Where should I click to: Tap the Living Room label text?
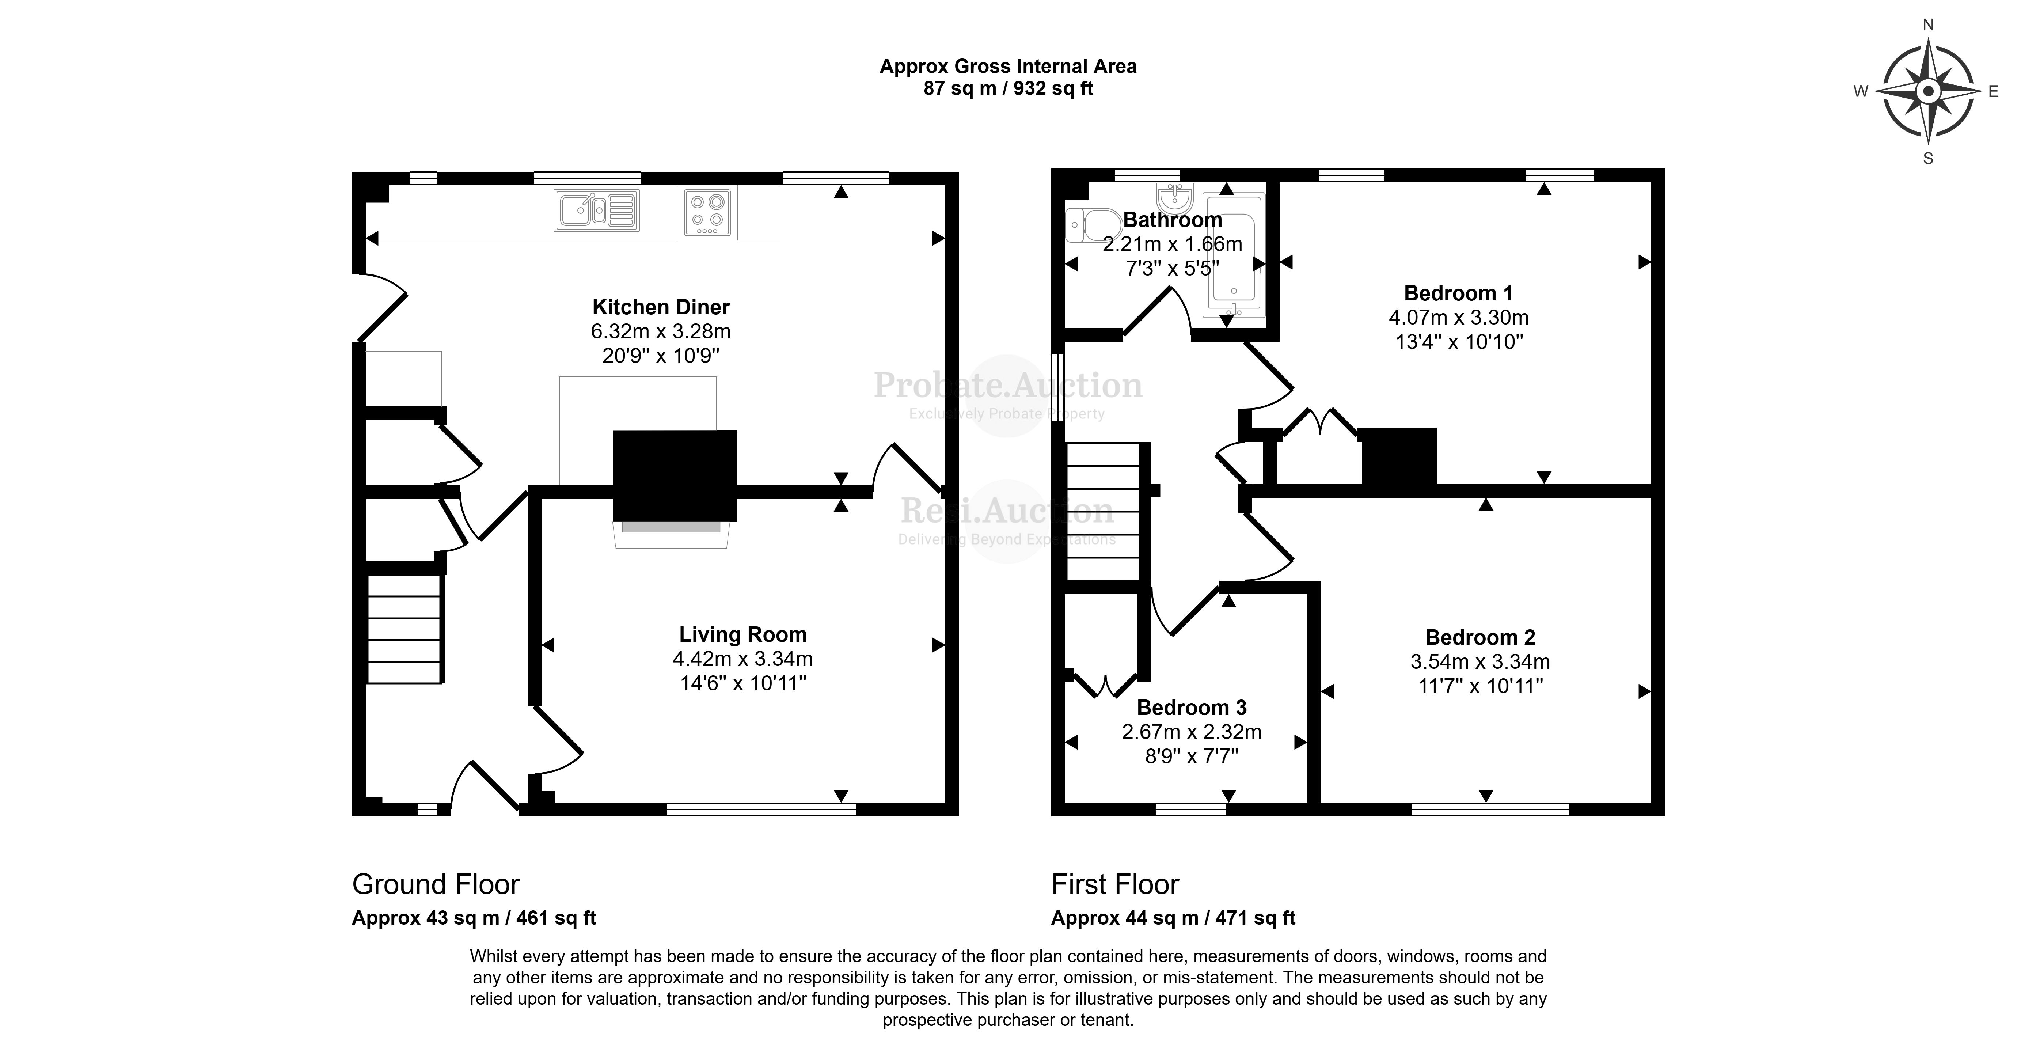742,634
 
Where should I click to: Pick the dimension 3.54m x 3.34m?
1480,662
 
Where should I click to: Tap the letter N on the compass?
1928,25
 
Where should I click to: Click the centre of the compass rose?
1928,92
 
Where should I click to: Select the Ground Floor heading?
435,884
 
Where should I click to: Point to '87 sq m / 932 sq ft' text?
1008,88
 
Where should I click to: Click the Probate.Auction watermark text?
1008,385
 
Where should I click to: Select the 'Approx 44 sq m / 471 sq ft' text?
1173,918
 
